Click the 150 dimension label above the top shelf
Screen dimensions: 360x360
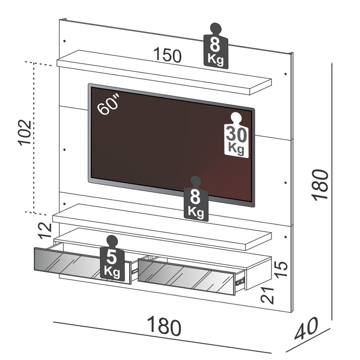tap(167, 55)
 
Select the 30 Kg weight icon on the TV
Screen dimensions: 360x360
tap(236, 136)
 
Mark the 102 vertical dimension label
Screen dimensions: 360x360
tap(26, 132)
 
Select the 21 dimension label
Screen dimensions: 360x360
tap(269, 294)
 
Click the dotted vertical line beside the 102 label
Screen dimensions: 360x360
tap(33, 137)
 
